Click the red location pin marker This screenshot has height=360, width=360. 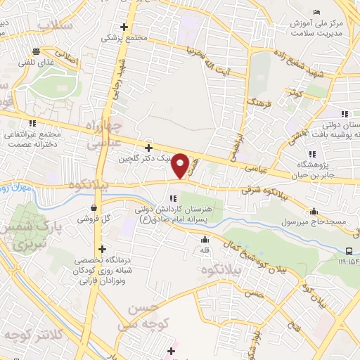pos(181,166)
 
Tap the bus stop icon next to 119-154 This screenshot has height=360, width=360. pos(349,252)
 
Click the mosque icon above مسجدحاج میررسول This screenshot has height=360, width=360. pos(314,210)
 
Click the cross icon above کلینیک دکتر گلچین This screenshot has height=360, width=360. pos(148,148)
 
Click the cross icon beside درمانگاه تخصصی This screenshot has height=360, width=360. pos(103,249)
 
